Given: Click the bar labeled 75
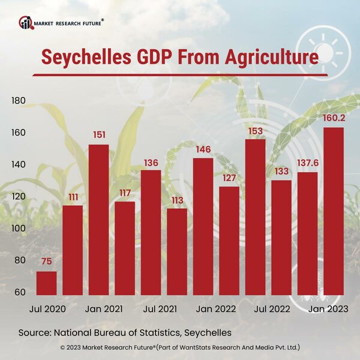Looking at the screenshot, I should [47, 283].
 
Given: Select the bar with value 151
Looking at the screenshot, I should [99, 220].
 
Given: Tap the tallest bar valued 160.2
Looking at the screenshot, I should [334, 211].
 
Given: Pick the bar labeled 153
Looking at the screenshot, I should [256, 217].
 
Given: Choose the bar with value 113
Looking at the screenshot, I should [177, 252].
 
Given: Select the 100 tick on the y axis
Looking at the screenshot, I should [18, 228].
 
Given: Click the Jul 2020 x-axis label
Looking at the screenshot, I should [47, 309].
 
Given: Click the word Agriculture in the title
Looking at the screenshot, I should [267, 58].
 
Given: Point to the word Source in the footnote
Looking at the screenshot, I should [34, 332].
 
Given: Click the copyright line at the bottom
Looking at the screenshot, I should [180, 347].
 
